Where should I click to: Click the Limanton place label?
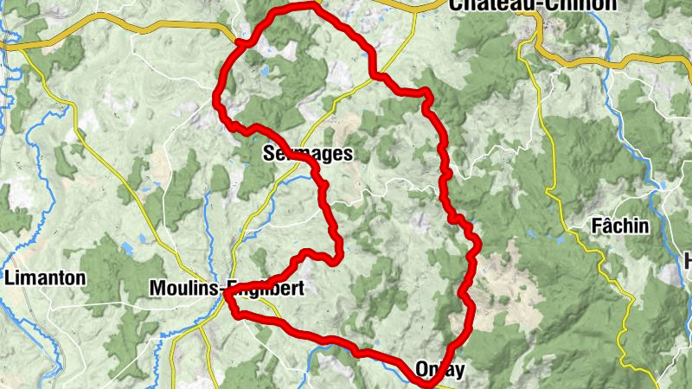click(45, 278)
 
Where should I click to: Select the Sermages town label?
click(306, 155)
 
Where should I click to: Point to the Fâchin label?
click(619, 226)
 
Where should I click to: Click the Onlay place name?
click(440, 370)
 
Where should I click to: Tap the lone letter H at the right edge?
click(688, 259)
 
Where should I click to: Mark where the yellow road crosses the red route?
click(378, 77)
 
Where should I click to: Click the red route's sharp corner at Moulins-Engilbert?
click(225, 294)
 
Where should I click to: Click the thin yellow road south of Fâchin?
click(605, 259)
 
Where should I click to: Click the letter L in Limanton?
click(10, 278)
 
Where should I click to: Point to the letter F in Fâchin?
click(596, 226)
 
